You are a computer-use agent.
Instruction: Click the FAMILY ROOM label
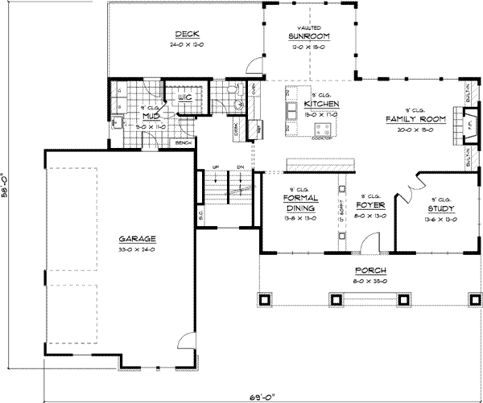coord(410,119)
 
